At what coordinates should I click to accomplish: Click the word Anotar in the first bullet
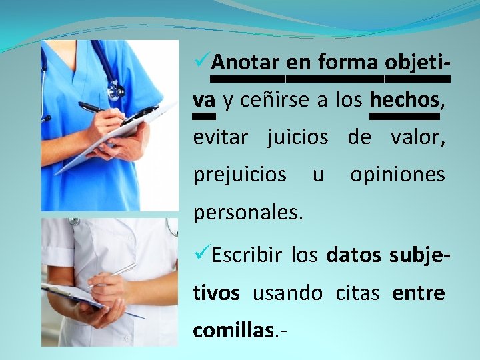[x=246, y=63]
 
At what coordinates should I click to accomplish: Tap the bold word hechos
[x=404, y=100]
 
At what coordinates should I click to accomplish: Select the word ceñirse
[x=274, y=100]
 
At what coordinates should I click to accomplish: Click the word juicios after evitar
[x=297, y=137]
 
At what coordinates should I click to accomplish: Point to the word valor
[x=417, y=137]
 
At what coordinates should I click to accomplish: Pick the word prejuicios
[x=239, y=175]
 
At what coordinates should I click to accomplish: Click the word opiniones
[x=397, y=175]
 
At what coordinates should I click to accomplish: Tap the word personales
[x=248, y=213]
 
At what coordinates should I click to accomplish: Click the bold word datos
[x=353, y=255]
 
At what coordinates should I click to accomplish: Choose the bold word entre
[x=418, y=293]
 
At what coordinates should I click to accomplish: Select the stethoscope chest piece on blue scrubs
[x=115, y=89]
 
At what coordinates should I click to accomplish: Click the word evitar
[x=220, y=137]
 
